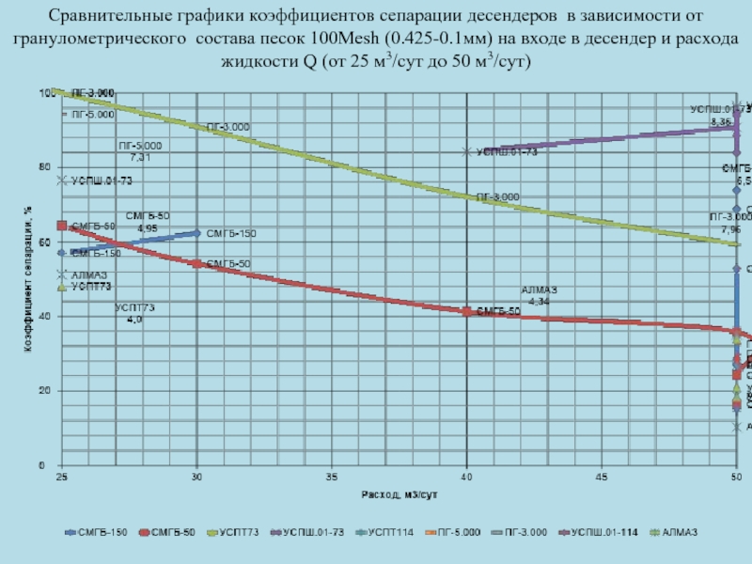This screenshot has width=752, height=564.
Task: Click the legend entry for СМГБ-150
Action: (x=96, y=533)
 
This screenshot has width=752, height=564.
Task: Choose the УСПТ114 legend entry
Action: (x=388, y=533)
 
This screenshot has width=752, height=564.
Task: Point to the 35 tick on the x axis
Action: (x=332, y=478)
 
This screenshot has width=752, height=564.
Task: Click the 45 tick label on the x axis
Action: (x=602, y=478)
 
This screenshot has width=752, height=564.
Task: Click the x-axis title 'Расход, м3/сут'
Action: (x=400, y=494)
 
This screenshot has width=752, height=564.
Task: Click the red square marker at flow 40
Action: (x=467, y=311)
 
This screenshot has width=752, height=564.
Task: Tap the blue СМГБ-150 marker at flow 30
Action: (x=196, y=232)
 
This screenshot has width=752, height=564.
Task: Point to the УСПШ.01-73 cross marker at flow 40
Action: (x=467, y=151)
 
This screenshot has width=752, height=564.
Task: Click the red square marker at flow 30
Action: (x=196, y=264)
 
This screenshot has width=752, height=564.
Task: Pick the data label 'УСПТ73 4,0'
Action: (x=134, y=313)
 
